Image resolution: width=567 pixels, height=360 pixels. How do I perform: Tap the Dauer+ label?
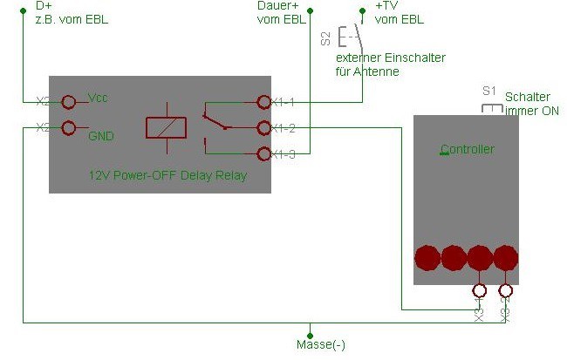[280, 6]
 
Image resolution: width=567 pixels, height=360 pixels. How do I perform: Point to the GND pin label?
[101, 135]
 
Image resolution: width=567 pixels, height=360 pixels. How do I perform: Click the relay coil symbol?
[166, 127]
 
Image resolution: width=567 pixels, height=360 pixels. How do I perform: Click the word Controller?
[468, 149]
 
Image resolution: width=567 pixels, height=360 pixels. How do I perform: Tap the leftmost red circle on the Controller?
[428, 257]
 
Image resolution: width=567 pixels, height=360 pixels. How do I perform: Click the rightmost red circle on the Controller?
[504, 257]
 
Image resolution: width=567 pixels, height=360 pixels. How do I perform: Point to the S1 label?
[488, 90]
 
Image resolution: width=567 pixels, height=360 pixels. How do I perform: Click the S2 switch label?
[325, 37]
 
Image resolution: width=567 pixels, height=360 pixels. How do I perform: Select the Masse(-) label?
[321, 344]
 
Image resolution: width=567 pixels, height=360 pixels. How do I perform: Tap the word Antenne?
[379, 71]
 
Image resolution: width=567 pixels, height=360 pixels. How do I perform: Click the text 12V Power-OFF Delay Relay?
[167, 175]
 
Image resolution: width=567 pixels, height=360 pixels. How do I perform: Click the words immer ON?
[532, 112]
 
